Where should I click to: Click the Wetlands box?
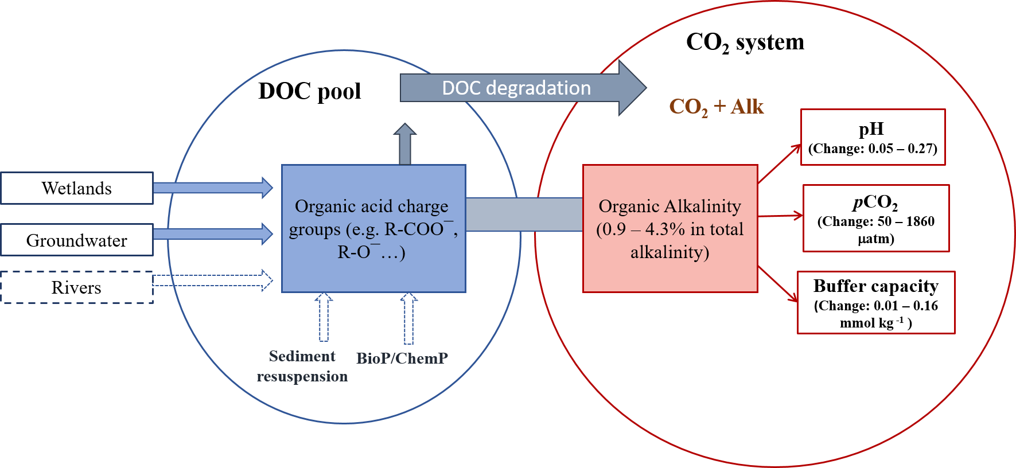click(77, 188)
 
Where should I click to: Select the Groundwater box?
click(77, 240)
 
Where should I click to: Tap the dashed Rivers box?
click(77, 287)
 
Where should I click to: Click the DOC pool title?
click(310, 91)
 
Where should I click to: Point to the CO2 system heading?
click(745, 42)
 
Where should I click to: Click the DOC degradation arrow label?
click(516, 88)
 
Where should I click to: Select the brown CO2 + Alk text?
click(716, 107)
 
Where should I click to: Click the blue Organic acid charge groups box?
click(373, 229)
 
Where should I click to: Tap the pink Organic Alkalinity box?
click(670, 229)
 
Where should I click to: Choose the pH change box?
click(873, 138)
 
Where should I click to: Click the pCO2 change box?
click(876, 219)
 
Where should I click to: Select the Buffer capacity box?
click(876, 303)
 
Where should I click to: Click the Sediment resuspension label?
click(302, 366)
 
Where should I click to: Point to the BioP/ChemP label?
click(402, 358)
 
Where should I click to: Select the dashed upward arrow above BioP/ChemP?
click(408, 318)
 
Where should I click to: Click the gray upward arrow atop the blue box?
click(405, 145)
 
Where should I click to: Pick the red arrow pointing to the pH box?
click(779, 164)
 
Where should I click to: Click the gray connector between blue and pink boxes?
click(524, 214)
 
